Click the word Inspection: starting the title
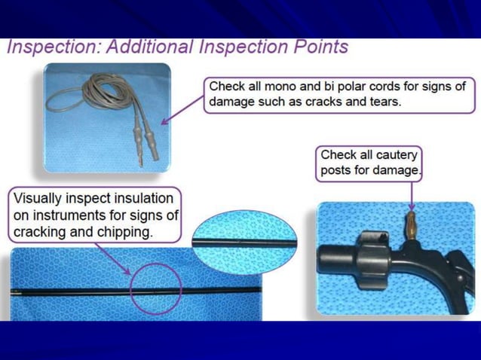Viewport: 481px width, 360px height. (52, 47)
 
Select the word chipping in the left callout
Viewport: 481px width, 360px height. (126, 231)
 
